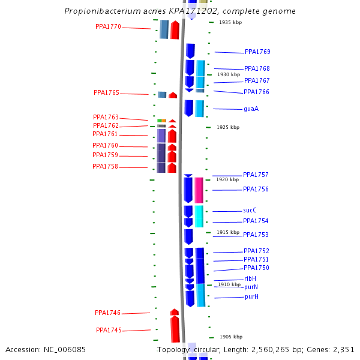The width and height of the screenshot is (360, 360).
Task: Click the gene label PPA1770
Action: point(108,26)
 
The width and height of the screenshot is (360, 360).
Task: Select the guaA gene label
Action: point(251,109)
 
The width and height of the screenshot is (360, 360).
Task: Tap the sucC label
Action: point(250,211)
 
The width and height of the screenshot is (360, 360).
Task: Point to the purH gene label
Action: point(251,297)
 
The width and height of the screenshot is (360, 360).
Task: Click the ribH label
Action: point(250,278)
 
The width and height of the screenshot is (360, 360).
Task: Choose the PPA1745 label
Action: point(109,330)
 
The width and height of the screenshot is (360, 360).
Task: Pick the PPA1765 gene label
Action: point(106,93)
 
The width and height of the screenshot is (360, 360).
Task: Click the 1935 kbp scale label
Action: point(230,22)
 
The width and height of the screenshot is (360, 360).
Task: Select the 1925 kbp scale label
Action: point(228,127)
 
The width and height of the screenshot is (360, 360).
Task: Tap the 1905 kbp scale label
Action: point(231,337)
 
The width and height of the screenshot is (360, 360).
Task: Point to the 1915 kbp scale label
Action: point(228,232)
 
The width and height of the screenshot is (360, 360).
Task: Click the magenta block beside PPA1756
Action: point(199,190)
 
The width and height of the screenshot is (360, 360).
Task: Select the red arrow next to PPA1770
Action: point(175,30)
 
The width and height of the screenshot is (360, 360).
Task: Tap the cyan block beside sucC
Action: point(199,216)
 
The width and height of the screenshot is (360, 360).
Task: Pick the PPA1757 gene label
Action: point(256,175)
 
